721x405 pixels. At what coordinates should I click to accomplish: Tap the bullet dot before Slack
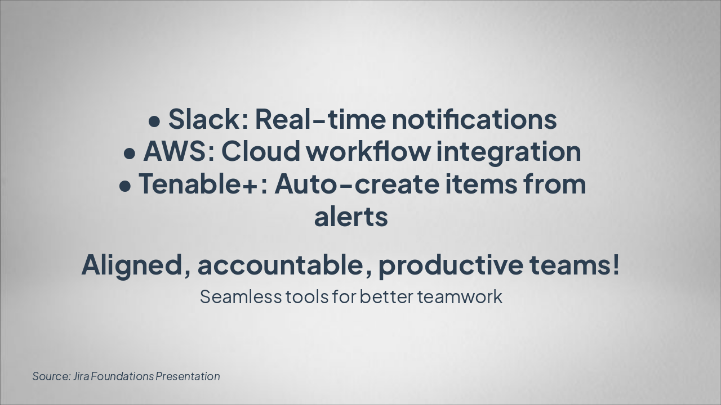click(154, 122)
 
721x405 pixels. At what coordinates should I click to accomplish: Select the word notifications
click(474, 119)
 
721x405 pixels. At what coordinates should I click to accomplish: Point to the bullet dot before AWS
click(130, 154)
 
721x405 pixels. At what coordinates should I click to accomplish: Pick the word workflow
click(368, 151)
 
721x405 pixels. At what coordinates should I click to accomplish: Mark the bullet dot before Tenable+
click(125, 186)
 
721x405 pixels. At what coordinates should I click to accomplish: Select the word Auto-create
click(357, 183)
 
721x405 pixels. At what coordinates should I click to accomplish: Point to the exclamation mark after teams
click(616, 264)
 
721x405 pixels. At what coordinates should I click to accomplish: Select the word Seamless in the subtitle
click(241, 296)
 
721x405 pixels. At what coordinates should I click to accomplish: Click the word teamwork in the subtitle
click(460, 296)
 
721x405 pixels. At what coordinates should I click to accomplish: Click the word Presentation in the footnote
click(188, 376)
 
